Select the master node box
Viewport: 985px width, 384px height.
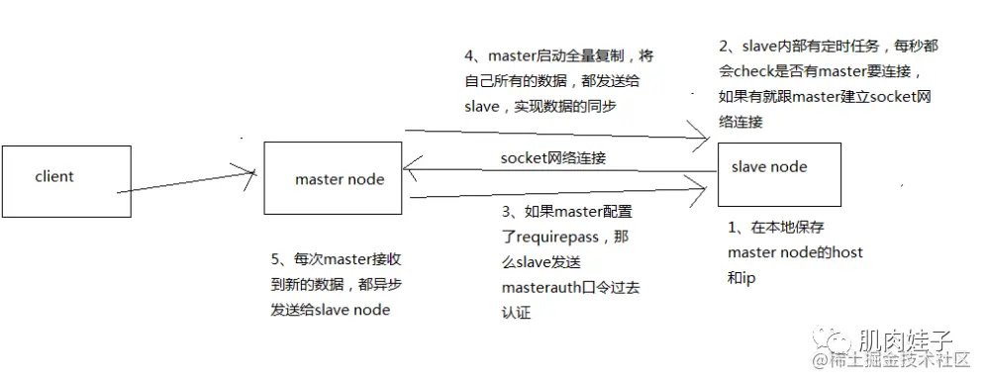333,178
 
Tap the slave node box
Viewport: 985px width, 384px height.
779,174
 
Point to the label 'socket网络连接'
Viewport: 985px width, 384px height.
552,157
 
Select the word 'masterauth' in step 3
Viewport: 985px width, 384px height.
540,288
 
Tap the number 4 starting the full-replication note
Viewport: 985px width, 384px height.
469,54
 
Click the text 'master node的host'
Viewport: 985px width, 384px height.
795,252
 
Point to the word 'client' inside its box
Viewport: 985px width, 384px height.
54,176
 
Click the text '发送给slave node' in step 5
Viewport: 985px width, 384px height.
330,310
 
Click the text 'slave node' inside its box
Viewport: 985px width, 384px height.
769,166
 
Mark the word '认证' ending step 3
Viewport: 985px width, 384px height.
518,313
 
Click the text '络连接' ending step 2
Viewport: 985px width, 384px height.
745,121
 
